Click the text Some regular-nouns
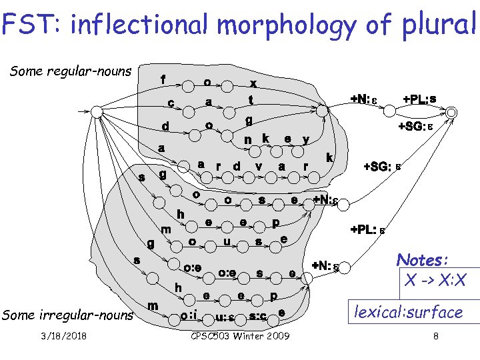pyautogui.click(x=71, y=71)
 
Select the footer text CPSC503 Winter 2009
pyautogui.click(x=239, y=336)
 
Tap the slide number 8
pyautogui.click(x=435, y=336)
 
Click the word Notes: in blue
pyautogui.click(x=422, y=259)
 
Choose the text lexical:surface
pyautogui.click(x=408, y=311)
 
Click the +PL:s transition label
pyautogui.click(x=420, y=99)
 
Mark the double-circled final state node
pyautogui.click(x=451, y=112)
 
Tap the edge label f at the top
pyautogui.click(x=163, y=79)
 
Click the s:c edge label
pyautogui.click(x=258, y=315)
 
